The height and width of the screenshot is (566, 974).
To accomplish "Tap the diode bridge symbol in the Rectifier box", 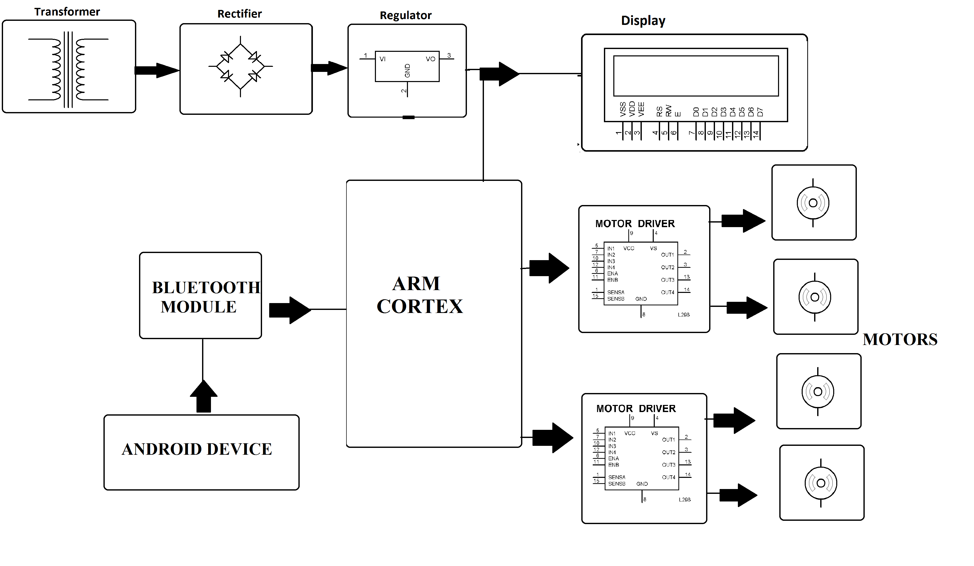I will (x=240, y=67).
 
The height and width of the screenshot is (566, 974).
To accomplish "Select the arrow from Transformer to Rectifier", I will (x=157, y=70).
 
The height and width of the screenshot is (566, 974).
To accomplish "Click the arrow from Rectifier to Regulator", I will (x=329, y=68).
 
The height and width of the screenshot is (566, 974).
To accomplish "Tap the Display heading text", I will (x=643, y=21).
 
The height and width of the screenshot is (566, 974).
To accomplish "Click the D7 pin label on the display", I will (x=760, y=112).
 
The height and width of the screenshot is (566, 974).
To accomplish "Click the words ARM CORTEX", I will (x=419, y=295).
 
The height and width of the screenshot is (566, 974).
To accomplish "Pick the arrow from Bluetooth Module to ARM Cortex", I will (x=290, y=310).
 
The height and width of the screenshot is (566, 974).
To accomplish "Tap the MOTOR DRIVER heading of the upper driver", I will (x=635, y=224).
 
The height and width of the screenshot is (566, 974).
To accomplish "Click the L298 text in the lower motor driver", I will (x=684, y=499).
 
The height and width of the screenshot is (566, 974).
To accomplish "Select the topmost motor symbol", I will (x=813, y=203).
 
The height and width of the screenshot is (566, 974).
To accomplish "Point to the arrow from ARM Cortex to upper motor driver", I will (x=549, y=268).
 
